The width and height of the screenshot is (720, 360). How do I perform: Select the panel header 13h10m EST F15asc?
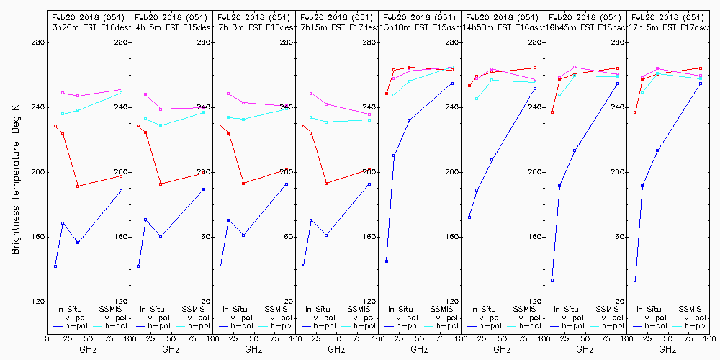coord(419,27)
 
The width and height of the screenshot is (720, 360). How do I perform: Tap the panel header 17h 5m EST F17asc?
coord(667,27)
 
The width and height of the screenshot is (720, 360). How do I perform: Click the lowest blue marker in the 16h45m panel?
coord(552,280)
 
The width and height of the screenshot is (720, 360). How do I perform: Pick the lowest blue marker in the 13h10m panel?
coord(387,261)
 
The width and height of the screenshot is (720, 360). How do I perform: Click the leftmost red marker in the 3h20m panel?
coord(55,126)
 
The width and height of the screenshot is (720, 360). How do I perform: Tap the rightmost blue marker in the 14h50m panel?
coord(535,89)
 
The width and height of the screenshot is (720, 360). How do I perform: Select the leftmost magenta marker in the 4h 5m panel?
coord(145,94)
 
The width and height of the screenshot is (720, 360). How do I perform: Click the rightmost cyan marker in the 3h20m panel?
coord(121,93)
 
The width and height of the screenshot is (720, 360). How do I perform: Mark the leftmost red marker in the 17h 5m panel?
coord(635,112)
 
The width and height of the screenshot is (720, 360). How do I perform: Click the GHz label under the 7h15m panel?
coord(336,350)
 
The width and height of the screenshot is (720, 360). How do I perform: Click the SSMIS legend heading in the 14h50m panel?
coord(526,309)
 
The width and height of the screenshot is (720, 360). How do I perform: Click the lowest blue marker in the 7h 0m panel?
coord(221,265)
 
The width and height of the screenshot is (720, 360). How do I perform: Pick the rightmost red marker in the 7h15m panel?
coord(369,170)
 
